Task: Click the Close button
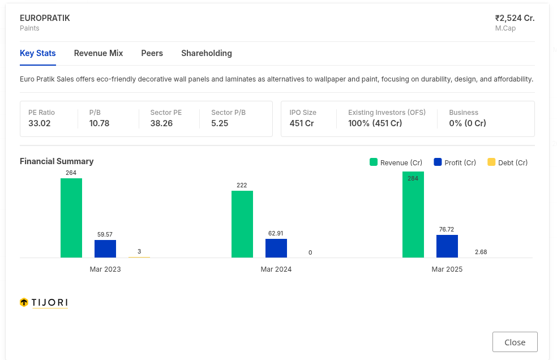click(x=515, y=342)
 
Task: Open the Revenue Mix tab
click(x=98, y=53)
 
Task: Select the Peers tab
click(x=152, y=53)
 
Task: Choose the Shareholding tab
click(x=207, y=53)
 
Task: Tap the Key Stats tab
click(x=38, y=53)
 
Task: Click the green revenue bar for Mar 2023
click(x=71, y=218)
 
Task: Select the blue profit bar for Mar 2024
click(x=276, y=248)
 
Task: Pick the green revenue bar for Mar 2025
click(x=413, y=215)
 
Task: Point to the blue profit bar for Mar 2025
click(x=447, y=246)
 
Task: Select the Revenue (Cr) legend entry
click(x=396, y=162)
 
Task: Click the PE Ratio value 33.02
click(x=40, y=123)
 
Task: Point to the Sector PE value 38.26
click(x=161, y=123)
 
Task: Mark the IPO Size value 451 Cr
click(x=302, y=123)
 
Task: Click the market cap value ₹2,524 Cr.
click(x=515, y=18)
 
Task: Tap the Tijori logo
click(x=44, y=302)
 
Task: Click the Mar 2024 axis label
click(x=276, y=269)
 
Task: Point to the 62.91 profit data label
click(x=276, y=233)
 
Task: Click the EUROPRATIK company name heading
click(x=45, y=18)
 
